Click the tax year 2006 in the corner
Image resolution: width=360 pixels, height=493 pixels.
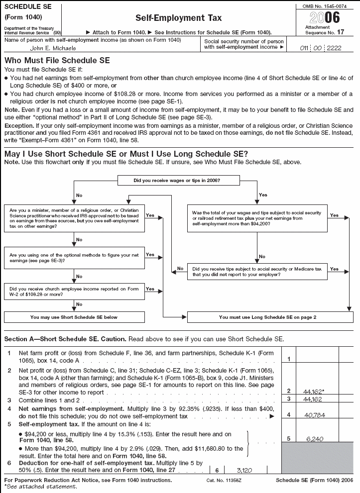[x=325, y=18]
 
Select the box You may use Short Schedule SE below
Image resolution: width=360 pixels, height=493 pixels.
[x=74, y=316]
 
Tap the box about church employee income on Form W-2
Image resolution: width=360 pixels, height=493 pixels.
[x=74, y=291]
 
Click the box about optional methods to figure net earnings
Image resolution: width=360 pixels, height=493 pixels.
[x=74, y=257]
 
